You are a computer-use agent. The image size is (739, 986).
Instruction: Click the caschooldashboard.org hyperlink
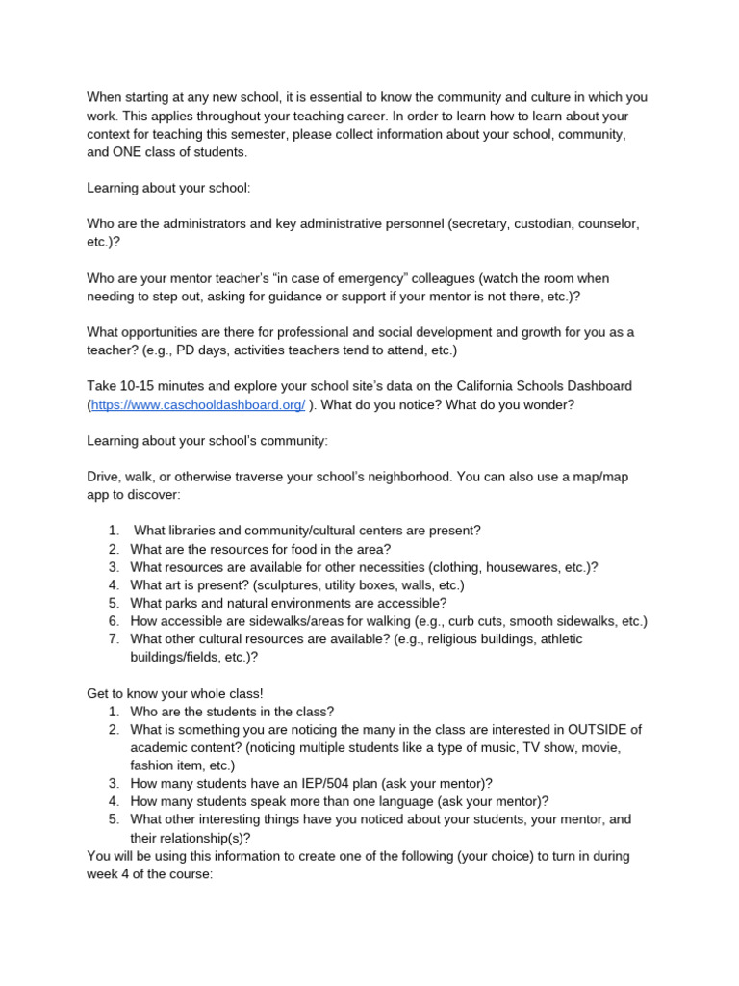(x=198, y=405)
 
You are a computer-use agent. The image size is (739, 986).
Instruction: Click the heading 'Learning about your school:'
(x=168, y=188)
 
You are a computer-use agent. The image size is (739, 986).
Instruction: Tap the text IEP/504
(x=310, y=783)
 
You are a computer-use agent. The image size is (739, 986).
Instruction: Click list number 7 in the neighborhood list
(x=113, y=638)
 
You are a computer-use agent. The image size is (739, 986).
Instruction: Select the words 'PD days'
(x=198, y=350)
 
